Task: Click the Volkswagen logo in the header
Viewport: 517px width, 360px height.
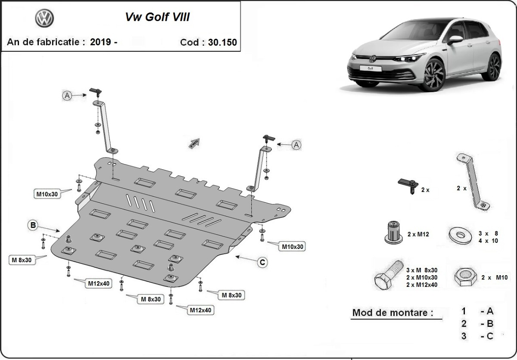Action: point(44,19)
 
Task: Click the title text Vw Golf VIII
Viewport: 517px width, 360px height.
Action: point(157,17)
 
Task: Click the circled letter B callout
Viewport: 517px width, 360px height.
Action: point(33,224)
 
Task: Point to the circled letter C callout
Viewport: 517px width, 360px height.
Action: point(262,261)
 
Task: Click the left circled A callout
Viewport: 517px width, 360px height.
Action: point(67,96)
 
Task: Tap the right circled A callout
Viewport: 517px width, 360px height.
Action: point(296,145)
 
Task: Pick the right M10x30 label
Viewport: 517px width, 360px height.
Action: point(293,247)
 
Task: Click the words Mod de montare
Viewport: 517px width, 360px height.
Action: point(392,313)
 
